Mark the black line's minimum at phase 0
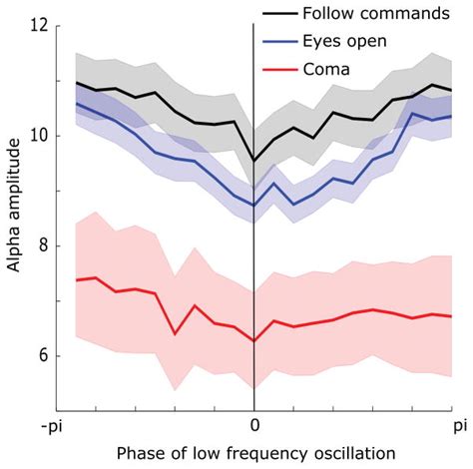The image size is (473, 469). pos(253,160)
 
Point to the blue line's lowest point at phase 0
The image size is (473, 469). pos(253,206)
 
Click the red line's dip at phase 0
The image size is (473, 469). pos(253,340)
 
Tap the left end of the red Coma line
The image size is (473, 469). pos(76,280)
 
